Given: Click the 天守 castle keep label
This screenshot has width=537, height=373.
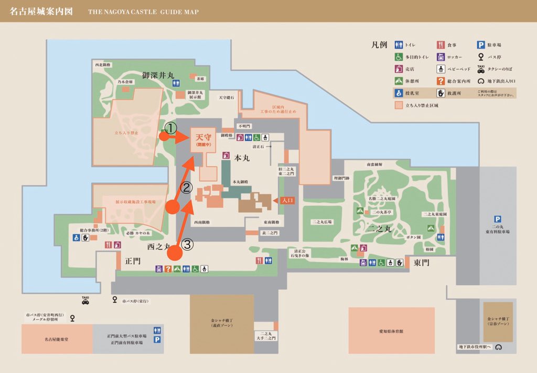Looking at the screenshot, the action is coord(202,137).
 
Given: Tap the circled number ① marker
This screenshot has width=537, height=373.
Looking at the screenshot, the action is coord(170,127).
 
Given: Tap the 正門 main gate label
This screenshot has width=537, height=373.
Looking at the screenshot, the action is coord(132,260).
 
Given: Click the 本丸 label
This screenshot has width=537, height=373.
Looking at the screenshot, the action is coord(242,158).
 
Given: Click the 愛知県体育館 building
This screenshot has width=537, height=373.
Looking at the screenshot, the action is coord(391,331).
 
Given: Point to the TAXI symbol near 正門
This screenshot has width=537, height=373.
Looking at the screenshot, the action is coord(85,300).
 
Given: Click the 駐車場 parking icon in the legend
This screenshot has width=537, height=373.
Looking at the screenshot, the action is coord(480,45).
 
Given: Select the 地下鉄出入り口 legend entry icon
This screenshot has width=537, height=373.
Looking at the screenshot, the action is coord(480,81).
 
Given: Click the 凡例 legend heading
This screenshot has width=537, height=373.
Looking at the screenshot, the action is coord(379,45).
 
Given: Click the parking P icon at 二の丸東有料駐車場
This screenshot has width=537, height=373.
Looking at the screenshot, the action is coord(497,219).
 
